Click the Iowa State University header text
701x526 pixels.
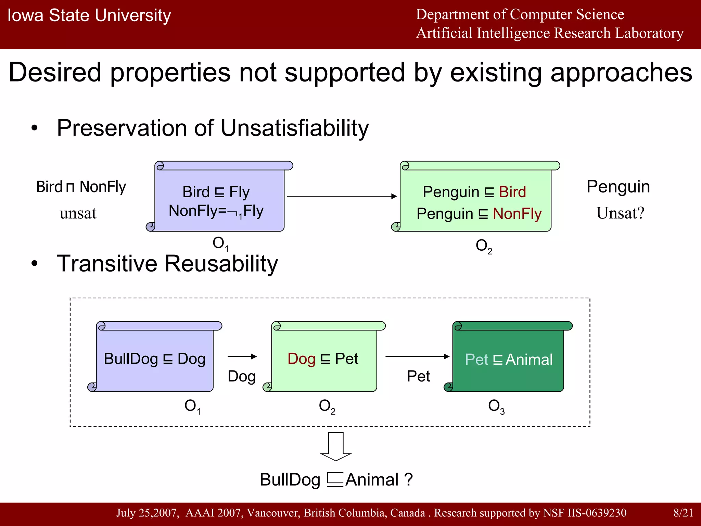pyautogui.click(x=89, y=15)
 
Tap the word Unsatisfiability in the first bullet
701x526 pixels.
pyautogui.click(x=295, y=128)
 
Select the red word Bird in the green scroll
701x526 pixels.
pyautogui.click(x=512, y=192)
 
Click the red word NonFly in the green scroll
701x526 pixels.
pyautogui.click(x=517, y=214)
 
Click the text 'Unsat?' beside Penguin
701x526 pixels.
pyautogui.click(x=620, y=213)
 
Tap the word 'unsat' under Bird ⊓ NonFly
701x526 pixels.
pyautogui.click(x=78, y=213)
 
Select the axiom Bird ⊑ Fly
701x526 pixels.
pyautogui.click(x=216, y=192)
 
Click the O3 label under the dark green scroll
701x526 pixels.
pyautogui.click(x=496, y=406)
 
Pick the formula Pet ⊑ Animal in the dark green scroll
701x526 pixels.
pyautogui.click(x=509, y=360)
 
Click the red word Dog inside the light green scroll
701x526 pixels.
pyautogui.click(x=301, y=359)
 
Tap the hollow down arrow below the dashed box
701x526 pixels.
pyautogui.click(x=336, y=446)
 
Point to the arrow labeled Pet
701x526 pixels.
pyautogui.click(x=417, y=356)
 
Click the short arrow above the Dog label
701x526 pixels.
pyautogui.click(x=242, y=356)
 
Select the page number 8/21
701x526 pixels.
pyautogui.click(x=683, y=513)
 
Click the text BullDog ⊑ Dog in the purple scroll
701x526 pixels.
pyautogui.click(x=155, y=359)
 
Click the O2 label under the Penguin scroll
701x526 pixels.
pyautogui.click(x=484, y=246)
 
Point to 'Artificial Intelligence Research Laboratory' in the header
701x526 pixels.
pyautogui.click(x=550, y=33)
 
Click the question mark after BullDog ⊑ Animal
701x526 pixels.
pyautogui.click(x=408, y=479)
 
